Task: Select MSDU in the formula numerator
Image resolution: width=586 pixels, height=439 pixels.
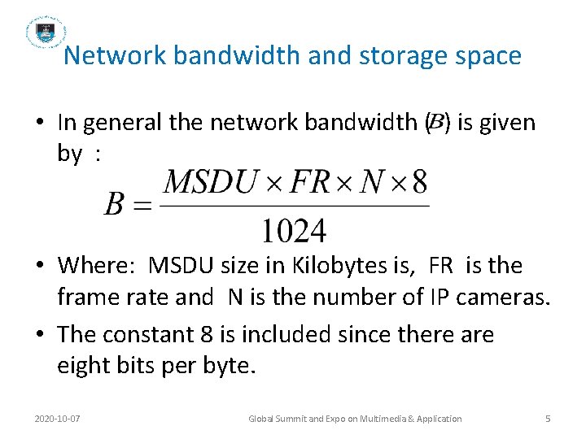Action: click(x=208, y=181)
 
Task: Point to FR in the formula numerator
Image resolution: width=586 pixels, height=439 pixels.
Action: click(x=302, y=181)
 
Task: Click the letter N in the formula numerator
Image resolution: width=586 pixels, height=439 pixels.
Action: click(x=370, y=181)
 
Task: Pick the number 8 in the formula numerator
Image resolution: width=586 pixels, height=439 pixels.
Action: click(x=418, y=181)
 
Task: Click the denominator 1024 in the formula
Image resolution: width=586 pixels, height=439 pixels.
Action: click(x=293, y=230)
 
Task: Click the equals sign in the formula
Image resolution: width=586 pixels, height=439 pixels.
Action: click(x=143, y=206)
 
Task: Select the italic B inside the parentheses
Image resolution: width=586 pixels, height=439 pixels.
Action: click(x=436, y=123)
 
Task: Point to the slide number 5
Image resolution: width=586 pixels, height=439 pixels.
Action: click(x=548, y=419)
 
